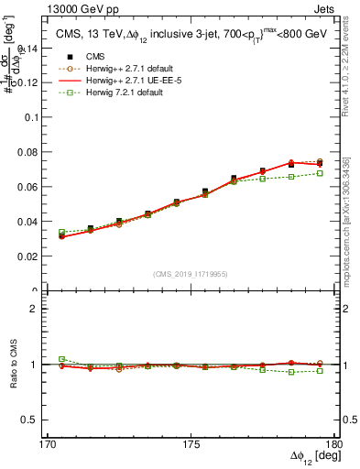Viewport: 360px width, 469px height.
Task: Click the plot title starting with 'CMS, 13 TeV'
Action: pos(183,33)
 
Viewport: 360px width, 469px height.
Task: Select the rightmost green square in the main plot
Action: pos(320,173)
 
